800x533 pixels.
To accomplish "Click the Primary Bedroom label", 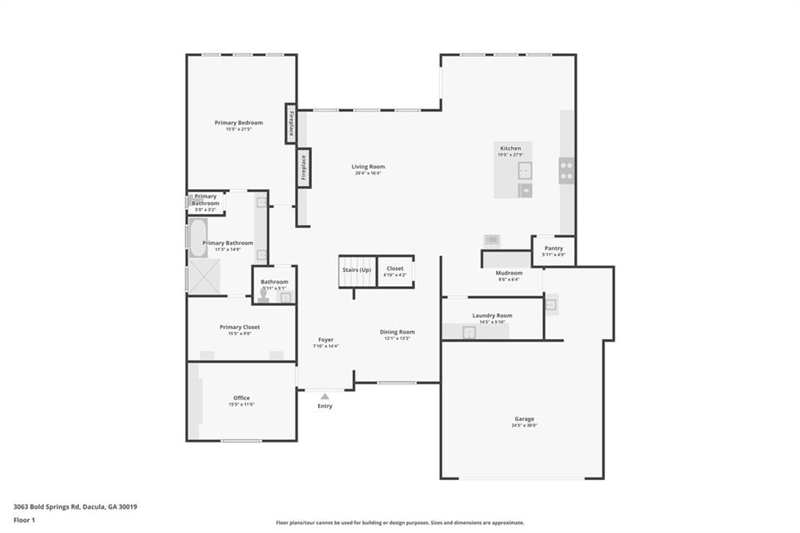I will click(238, 123).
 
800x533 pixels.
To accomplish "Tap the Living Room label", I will click(367, 166).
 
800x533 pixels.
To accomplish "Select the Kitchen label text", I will click(510, 148).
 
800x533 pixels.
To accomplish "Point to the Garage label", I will click(524, 419).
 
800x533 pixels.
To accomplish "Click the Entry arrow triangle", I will click(324, 397).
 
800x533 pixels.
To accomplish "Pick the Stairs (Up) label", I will click(356, 270).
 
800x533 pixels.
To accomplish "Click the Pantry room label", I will click(553, 249).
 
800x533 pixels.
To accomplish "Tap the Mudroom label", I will click(509, 273).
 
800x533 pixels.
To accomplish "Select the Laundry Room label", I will click(492, 316).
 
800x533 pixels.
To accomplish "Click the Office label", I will click(241, 398).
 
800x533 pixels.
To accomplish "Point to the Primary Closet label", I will click(240, 327).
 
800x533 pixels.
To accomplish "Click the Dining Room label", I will click(397, 332).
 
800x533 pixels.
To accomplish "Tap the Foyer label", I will click(326, 340).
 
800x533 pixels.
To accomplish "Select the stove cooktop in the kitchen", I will click(566, 170).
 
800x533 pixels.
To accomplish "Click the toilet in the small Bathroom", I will click(263, 294).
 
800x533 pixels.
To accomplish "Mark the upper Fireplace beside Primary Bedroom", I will click(291, 124).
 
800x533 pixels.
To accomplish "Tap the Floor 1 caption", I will click(26, 520).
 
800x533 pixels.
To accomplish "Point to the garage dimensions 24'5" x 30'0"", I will click(524, 426).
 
